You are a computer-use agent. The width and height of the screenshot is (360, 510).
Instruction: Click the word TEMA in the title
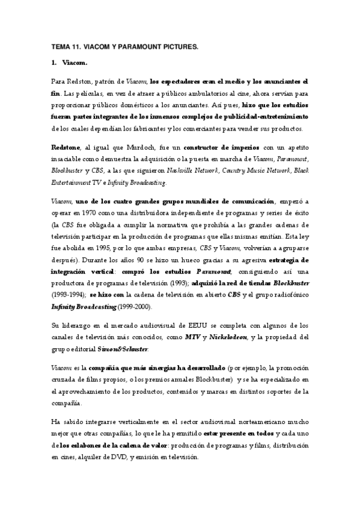pyautogui.click(x=61, y=46)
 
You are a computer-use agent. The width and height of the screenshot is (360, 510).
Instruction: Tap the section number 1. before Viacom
pyautogui.click(x=54, y=62)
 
